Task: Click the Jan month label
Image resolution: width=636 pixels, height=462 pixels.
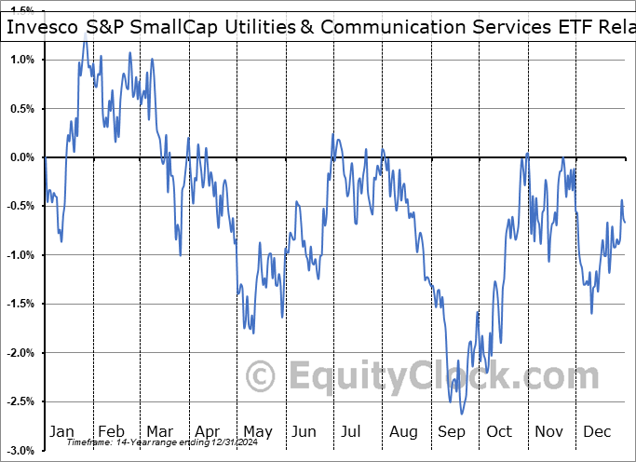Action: (61, 431)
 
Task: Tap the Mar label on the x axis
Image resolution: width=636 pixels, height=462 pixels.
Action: (159, 431)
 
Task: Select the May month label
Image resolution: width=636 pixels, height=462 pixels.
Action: (257, 431)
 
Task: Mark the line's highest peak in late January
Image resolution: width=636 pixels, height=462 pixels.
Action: (86, 34)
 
